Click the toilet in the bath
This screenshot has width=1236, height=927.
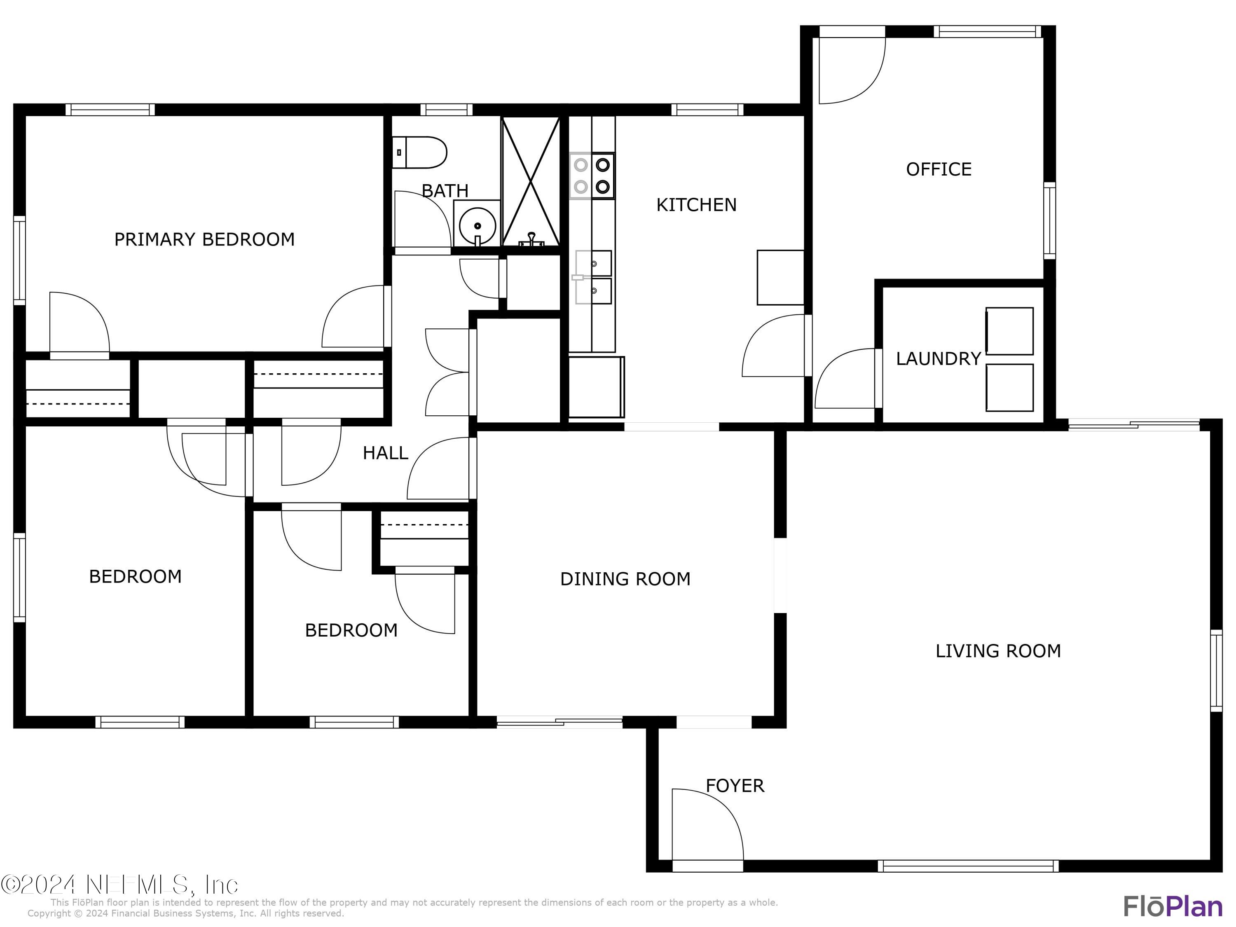[420, 152]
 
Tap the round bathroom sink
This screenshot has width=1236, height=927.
[477, 226]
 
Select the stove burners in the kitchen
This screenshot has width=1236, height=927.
[592, 176]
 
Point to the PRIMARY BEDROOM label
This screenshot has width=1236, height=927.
[204, 239]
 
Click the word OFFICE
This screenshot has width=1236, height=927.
[938, 169]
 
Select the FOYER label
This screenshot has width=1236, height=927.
[734, 786]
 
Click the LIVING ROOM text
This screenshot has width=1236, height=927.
[998, 651]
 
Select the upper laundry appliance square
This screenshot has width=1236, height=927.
[1009, 331]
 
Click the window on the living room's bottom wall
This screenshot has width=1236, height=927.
[968, 866]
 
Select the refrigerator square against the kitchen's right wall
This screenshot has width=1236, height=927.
[780, 277]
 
